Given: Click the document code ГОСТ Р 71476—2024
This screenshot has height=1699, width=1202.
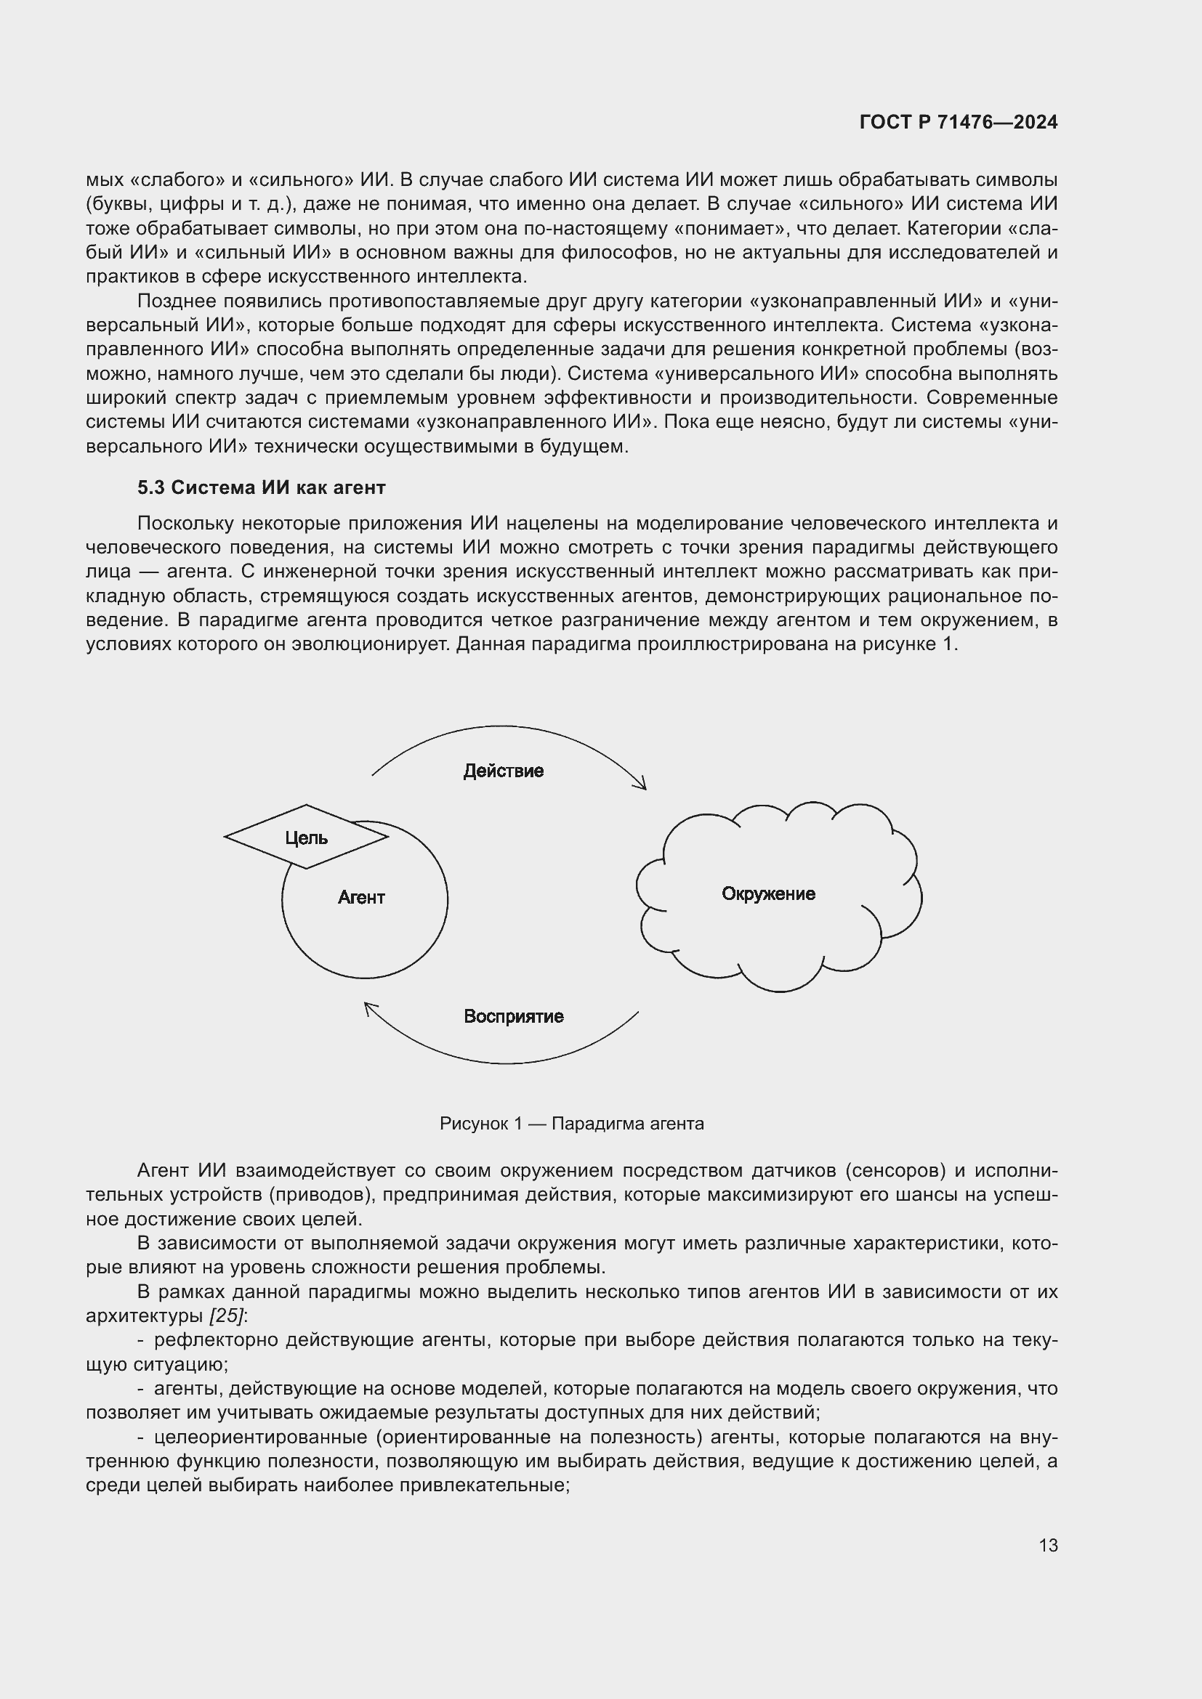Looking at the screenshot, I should click(x=959, y=123).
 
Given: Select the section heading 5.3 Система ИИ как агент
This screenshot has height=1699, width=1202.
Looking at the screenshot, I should click(x=262, y=487).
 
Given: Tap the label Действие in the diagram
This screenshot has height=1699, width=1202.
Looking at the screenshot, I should click(x=504, y=771).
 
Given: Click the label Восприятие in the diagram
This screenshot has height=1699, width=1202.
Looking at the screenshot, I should click(x=514, y=1017).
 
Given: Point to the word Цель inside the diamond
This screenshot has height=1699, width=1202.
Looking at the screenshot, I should click(x=307, y=838).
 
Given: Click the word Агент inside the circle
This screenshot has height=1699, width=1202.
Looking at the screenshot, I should click(x=361, y=898).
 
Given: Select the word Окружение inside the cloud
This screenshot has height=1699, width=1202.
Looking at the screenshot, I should click(x=768, y=894).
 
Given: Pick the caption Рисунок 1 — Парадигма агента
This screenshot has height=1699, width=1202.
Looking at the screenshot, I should click(x=571, y=1124).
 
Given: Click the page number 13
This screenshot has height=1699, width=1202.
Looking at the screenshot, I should click(x=1048, y=1546).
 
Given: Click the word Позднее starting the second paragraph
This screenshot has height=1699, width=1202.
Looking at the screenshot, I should click(x=177, y=301).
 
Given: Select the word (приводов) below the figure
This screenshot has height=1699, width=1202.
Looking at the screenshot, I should click(x=321, y=1195).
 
